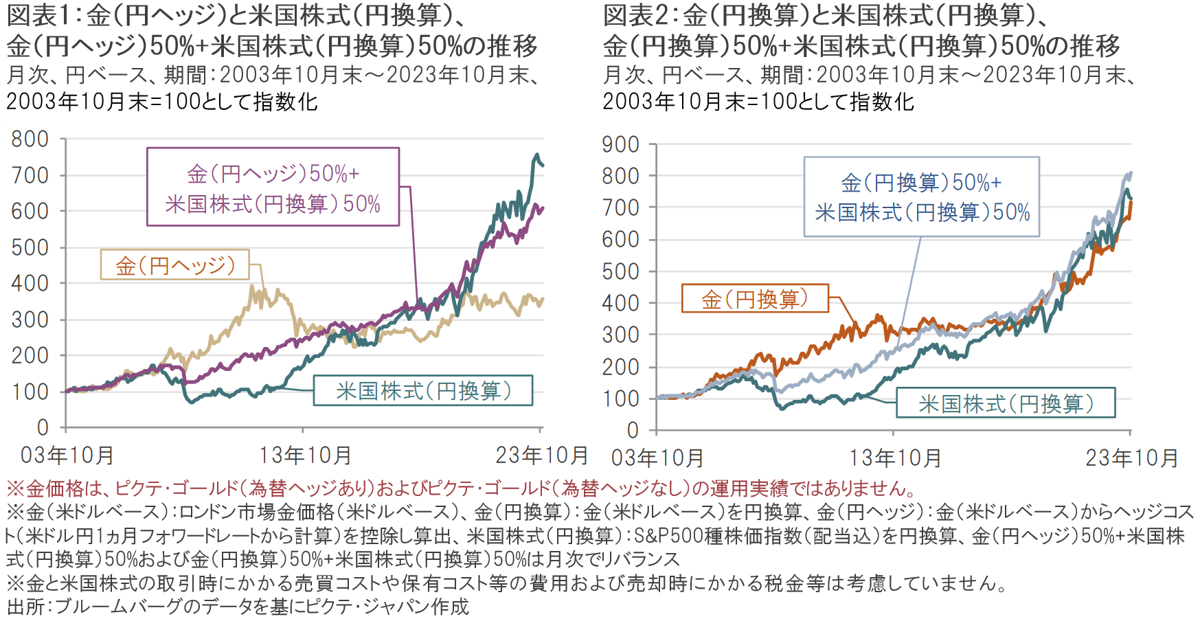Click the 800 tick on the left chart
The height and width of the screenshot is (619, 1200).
[x=30, y=139]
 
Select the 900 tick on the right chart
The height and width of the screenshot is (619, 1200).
[x=621, y=145]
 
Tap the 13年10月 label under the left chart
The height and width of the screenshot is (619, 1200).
[x=305, y=455]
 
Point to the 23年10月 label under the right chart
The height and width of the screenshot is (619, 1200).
[x=1132, y=458]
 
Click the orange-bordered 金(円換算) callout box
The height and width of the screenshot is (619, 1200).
[x=755, y=299]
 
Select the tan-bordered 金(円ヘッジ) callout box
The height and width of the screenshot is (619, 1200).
[x=175, y=265]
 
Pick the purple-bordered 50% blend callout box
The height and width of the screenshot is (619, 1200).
[x=273, y=188]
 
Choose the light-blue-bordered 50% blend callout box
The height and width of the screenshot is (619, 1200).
[x=922, y=197]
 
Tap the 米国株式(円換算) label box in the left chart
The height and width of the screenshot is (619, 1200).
[x=423, y=391]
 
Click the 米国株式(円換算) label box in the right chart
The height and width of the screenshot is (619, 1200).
[x=1006, y=403]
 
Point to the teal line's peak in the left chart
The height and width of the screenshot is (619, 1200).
[x=537, y=155]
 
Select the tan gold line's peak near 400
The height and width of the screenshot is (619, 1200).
[x=254, y=287]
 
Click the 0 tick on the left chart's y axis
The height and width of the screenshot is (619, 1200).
[x=43, y=428]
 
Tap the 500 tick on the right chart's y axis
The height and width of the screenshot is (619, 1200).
[x=621, y=272]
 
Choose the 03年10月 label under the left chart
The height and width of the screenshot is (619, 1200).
[x=67, y=455]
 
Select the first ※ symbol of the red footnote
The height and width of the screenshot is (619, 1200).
[x=15, y=489]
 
